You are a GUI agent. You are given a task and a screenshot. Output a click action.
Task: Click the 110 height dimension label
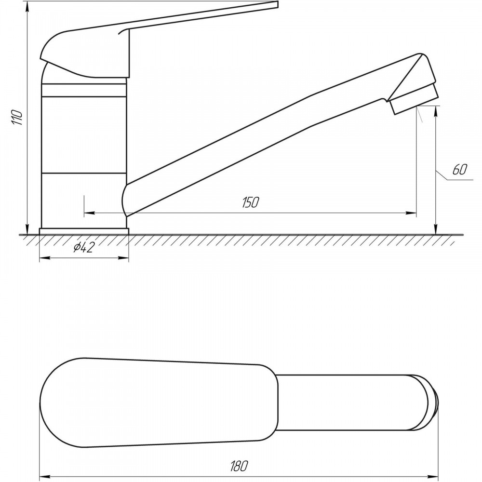(x=17, y=117)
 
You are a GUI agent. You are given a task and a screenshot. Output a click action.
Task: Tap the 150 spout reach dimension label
(x=251, y=202)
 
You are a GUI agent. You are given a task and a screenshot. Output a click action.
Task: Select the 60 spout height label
(x=460, y=169)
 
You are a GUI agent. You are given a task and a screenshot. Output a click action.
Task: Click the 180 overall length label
(x=239, y=466)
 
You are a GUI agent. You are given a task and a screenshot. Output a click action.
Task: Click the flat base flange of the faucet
(x=84, y=231)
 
